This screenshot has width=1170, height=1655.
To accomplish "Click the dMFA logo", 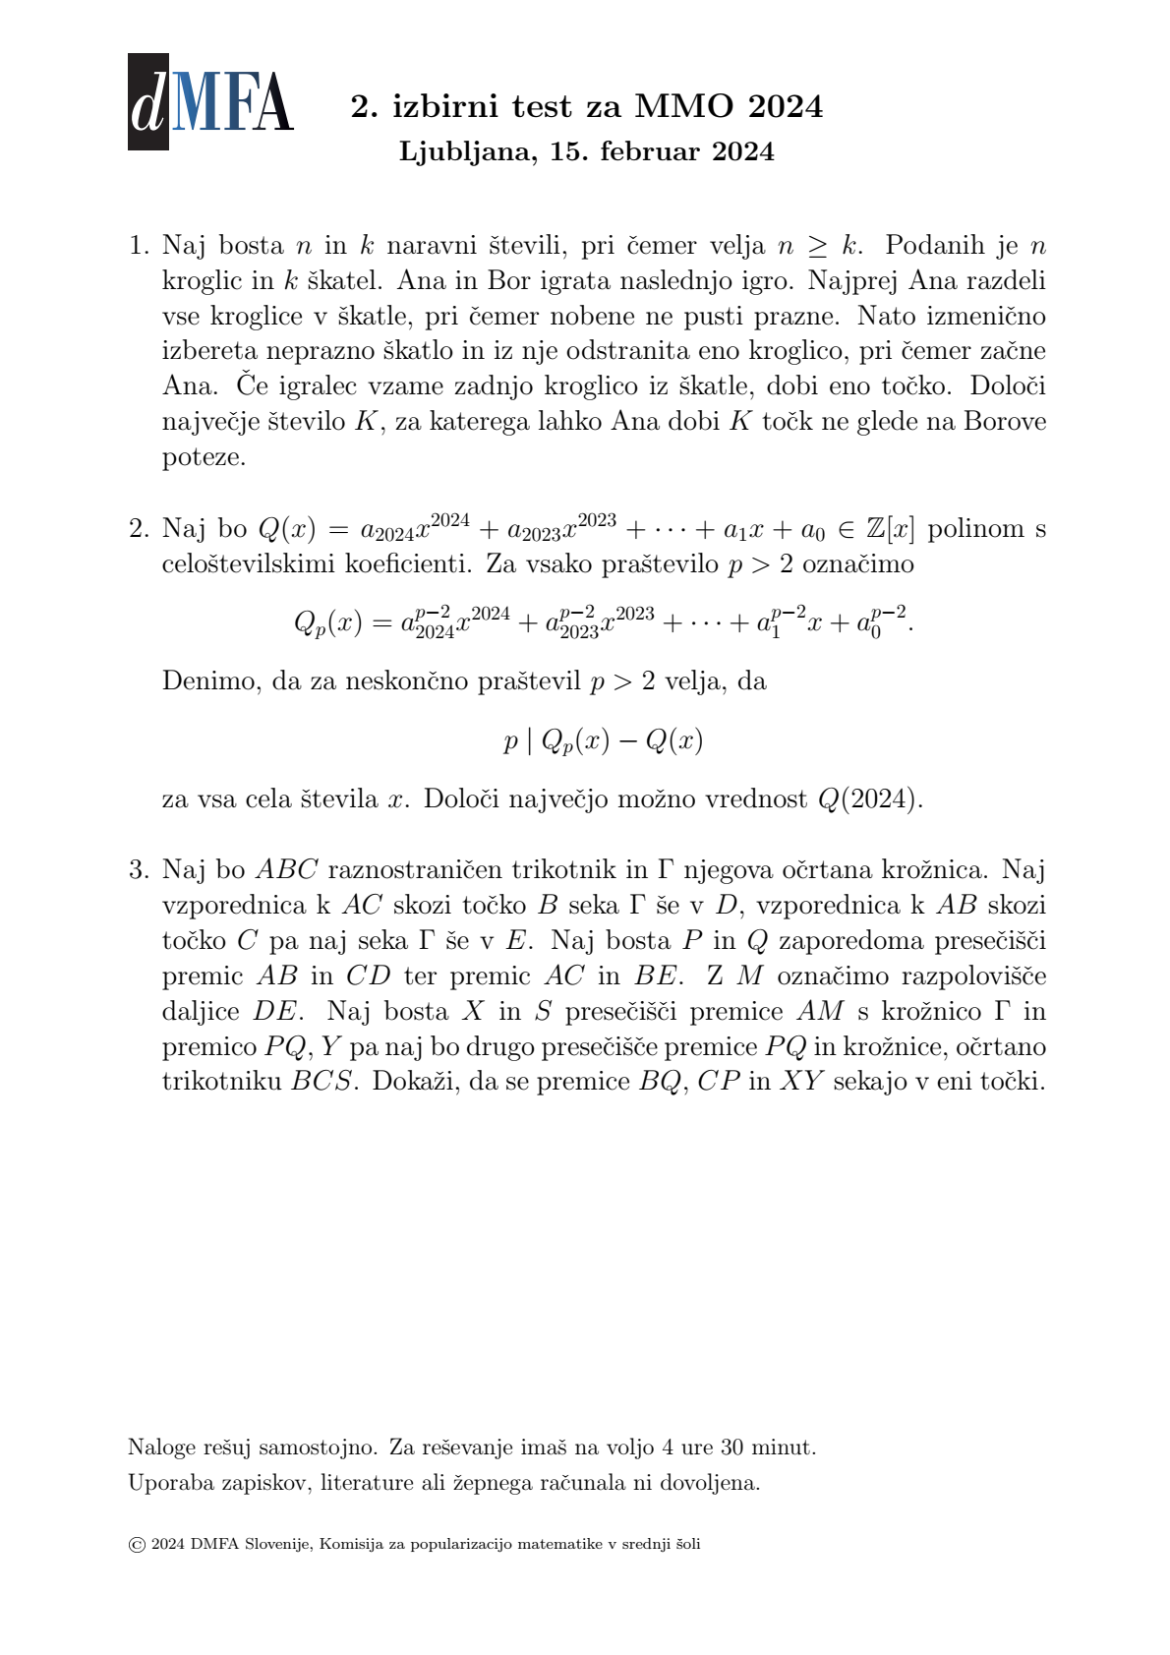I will [210, 102].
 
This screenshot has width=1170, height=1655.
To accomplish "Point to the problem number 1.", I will [138, 246].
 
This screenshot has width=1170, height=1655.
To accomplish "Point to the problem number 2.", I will [138, 529].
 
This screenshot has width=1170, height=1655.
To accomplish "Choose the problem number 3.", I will [138, 870].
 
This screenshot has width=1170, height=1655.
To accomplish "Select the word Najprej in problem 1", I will [854, 281].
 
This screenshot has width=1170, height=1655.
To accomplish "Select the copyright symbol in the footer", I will [137, 1545].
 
